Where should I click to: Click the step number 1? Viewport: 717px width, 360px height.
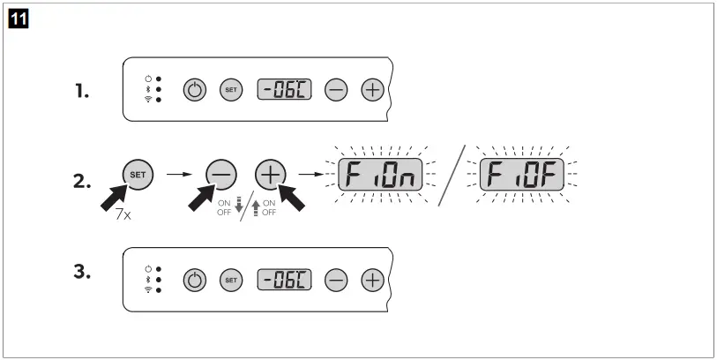click(81, 90)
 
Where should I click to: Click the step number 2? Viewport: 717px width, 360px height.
click(82, 182)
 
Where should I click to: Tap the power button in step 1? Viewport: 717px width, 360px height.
click(194, 89)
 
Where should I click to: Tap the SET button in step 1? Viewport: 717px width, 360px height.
click(229, 89)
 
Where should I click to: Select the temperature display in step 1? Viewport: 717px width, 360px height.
click(284, 89)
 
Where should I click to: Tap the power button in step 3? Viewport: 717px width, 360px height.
click(194, 281)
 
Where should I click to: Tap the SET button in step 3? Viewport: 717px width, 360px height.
click(229, 281)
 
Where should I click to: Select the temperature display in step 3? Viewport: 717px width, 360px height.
click(284, 281)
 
